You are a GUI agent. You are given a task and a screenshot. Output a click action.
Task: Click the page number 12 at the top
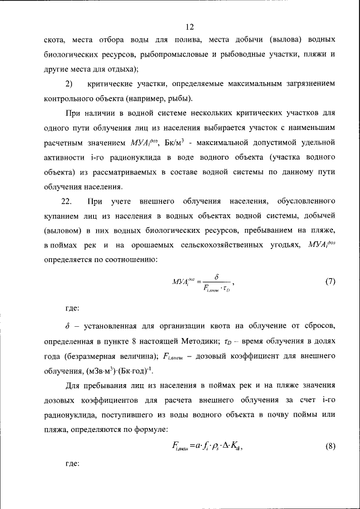(x=190, y=26)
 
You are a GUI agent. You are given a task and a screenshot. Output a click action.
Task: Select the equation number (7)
(x=331, y=282)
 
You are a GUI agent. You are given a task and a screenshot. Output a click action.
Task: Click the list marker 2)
(x=69, y=84)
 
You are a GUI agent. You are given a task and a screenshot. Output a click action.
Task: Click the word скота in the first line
(x=54, y=40)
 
